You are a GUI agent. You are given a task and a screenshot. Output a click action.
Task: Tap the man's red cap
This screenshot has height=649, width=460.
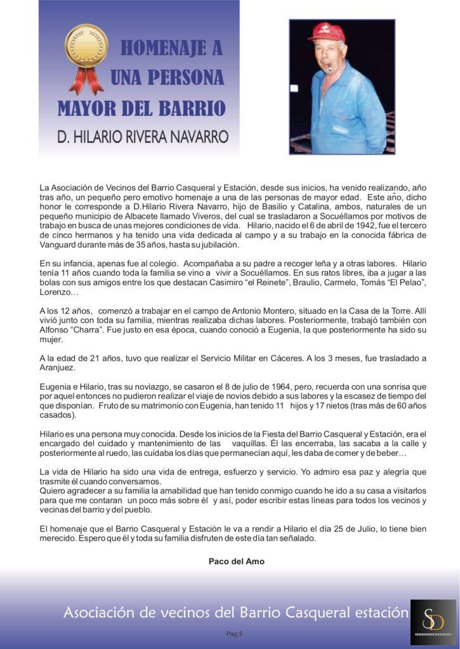coord(326,32)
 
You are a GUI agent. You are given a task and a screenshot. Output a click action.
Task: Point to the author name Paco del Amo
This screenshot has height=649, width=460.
coord(237,562)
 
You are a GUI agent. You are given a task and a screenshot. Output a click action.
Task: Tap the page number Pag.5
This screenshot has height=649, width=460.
coord(235,634)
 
